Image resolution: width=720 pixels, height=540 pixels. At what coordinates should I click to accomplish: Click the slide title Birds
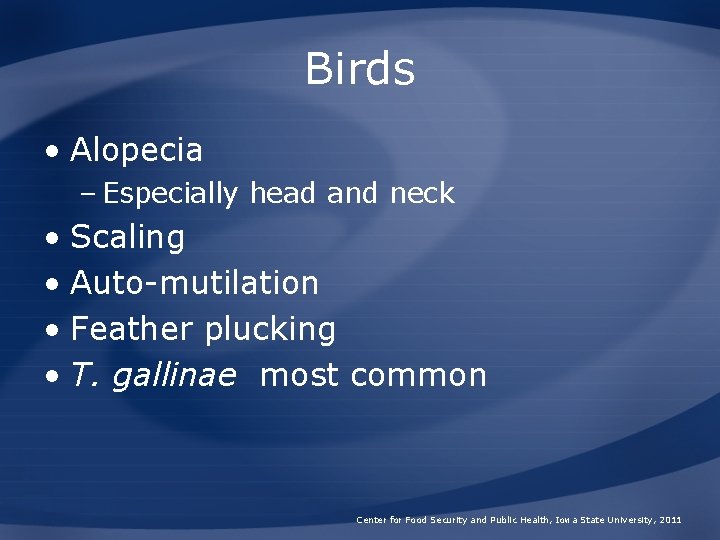(x=360, y=69)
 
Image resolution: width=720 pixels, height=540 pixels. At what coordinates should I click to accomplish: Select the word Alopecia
(x=137, y=151)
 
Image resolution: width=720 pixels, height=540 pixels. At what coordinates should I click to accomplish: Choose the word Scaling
(x=128, y=238)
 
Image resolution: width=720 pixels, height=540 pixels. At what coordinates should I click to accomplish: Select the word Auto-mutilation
(x=195, y=283)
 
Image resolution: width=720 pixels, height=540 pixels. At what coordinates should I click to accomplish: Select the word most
(x=299, y=376)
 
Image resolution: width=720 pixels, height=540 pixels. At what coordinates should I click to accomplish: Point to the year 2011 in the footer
(x=670, y=520)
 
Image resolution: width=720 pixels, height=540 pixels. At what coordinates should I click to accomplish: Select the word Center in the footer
(x=370, y=520)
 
